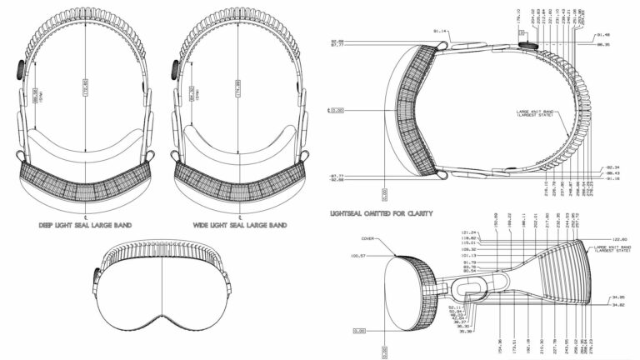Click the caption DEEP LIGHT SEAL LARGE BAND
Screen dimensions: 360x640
coord(86,226)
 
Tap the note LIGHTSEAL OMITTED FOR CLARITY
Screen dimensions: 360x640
coord(381,214)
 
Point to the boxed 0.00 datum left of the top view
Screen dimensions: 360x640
coord(336,109)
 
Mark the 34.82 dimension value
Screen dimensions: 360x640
coord(617,305)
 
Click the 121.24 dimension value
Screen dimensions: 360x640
coord(445,232)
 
